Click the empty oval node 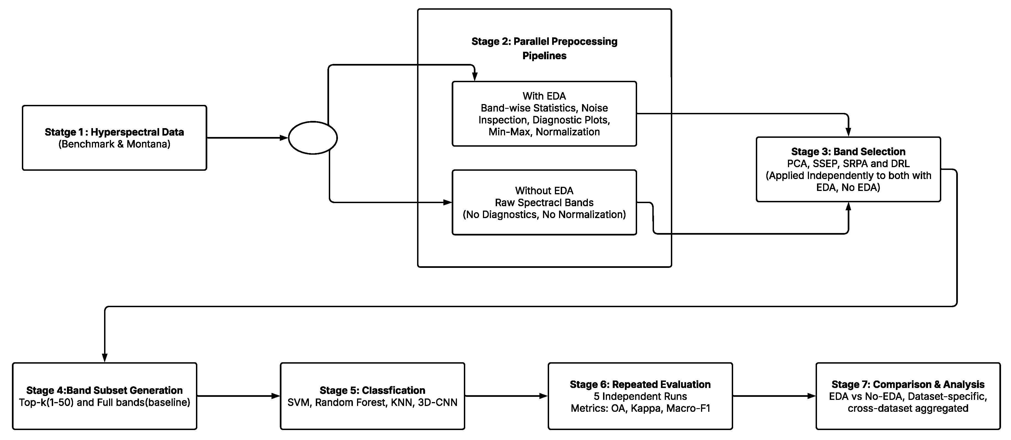(x=312, y=138)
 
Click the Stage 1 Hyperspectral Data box (x=114, y=138)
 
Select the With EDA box (x=544, y=114)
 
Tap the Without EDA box (x=544, y=203)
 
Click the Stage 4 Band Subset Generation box (x=104, y=396)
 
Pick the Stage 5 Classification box (x=372, y=396)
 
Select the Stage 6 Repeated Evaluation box (x=640, y=396)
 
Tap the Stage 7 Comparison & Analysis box (x=908, y=396)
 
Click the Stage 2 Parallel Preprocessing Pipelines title (x=544, y=48)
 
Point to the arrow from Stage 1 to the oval (x=247, y=138)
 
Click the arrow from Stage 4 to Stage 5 (x=238, y=396)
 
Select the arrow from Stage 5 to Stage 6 (x=506, y=396)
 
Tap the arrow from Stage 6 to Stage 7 (x=774, y=396)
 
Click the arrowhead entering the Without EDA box (x=448, y=203)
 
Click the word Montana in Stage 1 (x=148, y=144)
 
